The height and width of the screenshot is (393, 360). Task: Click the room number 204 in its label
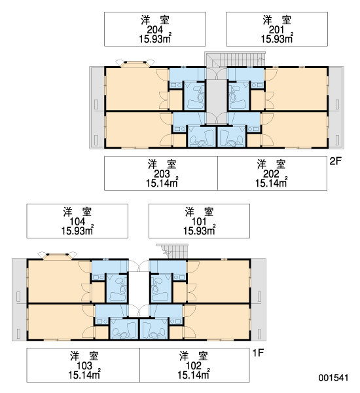[x=155, y=30]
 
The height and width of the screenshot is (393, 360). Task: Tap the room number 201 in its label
[x=277, y=30]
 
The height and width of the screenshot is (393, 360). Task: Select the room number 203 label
[x=162, y=174]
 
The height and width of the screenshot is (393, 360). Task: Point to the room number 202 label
[x=271, y=174]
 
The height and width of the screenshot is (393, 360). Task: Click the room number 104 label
[x=77, y=221]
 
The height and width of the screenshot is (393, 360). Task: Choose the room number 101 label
[x=199, y=221]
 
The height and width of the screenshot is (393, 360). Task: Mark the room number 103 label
[x=84, y=365]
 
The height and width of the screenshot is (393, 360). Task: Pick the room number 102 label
[x=193, y=365]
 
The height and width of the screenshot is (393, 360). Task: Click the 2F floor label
[x=335, y=161]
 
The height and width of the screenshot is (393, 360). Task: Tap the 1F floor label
[x=258, y=353]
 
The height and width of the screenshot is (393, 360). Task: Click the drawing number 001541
[x=333, y=378]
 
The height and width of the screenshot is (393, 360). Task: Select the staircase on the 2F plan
[x=235, y=60]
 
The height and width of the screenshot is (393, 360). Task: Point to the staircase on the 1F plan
[x=172, y=251]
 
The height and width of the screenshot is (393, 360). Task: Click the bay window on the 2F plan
[x=135, y=64]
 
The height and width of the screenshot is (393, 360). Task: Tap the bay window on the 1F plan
[x=58, y=255]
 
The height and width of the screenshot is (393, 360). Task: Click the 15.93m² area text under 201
[x=277, y=39]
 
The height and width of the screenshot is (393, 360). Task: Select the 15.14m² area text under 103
[x=84, y=375]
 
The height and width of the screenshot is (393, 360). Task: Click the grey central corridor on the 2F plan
[x=217, y=102]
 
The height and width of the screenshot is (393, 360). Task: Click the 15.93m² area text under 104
[x=77, y=231]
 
